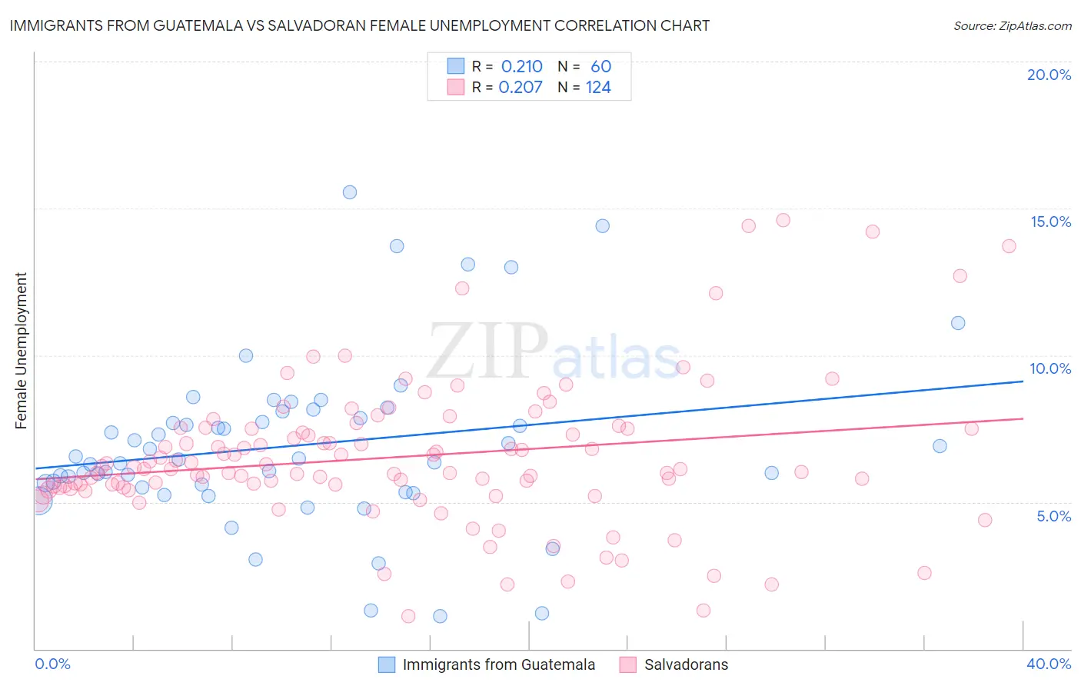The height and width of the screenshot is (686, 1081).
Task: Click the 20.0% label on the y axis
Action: point(1049,75)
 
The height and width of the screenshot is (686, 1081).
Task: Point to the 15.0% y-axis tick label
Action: point(1050,221)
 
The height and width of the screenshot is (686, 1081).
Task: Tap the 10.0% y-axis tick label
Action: point(1050,368)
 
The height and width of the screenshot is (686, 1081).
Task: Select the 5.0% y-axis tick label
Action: point(1053,516)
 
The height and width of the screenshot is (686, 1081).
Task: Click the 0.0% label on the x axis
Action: point(52,664)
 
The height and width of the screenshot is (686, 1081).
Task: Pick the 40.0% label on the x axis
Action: point(1048,664)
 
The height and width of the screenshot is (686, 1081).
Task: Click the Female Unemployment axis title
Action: point(21,351)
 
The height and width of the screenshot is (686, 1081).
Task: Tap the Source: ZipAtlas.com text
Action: point(1012,25)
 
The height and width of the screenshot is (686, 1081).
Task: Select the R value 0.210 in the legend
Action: point(521,67)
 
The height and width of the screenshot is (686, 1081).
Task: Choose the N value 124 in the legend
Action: point(598,88)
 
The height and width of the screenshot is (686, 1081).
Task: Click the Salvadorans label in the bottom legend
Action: point(686,664)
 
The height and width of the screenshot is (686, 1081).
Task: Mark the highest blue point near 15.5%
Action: point(350,192)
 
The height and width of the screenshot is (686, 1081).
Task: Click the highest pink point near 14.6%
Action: point(783,220)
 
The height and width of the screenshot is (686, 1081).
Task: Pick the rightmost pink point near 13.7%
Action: point(1009,246)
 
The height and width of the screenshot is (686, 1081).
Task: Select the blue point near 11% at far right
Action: point(958,323)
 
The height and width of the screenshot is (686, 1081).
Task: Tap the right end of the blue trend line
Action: point(1023,381)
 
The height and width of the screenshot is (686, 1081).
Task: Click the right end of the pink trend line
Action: point(1023,418)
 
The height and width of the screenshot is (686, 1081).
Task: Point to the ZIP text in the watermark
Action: point(487,350)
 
